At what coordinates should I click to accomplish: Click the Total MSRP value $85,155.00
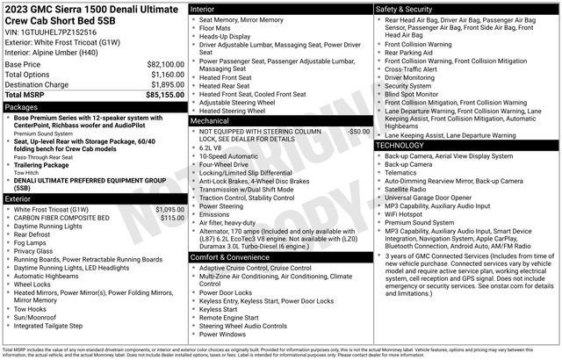tap(164, 95)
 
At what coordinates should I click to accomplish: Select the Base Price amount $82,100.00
tap(165, 65)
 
